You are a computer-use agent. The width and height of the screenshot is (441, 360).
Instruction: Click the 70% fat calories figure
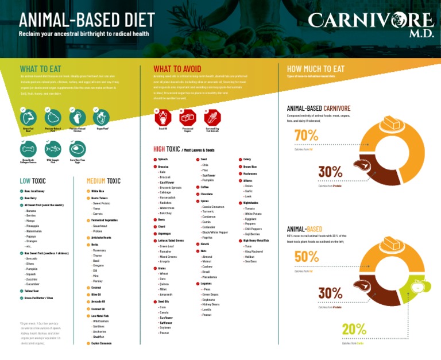[x=306, y=136]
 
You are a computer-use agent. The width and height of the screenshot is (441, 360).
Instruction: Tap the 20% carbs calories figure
[x=354, y=329]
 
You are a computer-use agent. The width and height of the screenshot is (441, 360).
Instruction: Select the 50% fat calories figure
[x=306, y=257]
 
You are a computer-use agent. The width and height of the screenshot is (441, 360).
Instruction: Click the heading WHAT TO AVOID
[x=177, y=69]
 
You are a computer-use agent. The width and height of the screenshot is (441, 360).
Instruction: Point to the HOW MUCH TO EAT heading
[x=315, y=69]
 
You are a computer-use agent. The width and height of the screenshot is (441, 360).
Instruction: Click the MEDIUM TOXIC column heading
[x=103, y=181]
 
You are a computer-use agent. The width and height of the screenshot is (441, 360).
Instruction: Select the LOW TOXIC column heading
[x=33, y=181]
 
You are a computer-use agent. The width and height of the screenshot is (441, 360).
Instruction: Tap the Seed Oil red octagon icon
[x=163, y=118]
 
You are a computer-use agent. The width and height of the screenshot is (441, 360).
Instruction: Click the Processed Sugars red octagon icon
[x=187, y=118]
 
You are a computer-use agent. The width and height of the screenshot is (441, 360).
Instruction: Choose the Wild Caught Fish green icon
[x=52, y=149]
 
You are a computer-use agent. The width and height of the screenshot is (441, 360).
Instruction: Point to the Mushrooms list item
[x=250, y=173]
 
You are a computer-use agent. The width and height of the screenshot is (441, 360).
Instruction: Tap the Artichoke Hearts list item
[x=101, y=237]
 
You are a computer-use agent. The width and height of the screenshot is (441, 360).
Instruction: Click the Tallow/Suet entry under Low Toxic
[x=31, y=291]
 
